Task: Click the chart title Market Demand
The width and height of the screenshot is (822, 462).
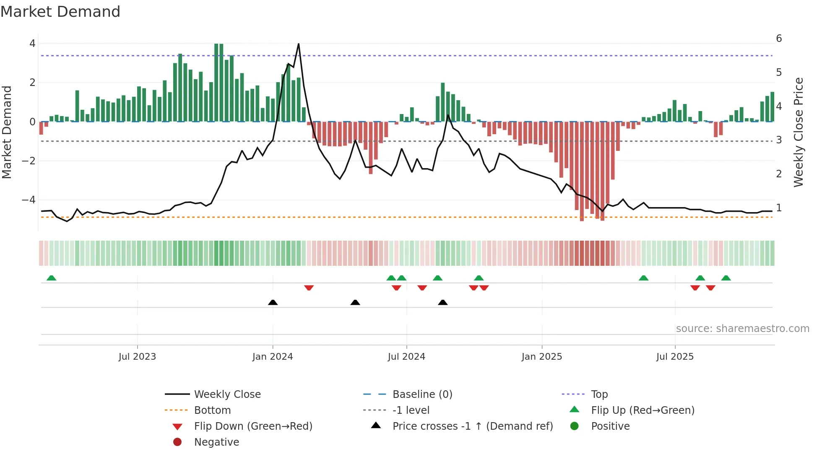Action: tap(60, 12)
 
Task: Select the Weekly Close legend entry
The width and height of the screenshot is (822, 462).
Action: tap(227, 394)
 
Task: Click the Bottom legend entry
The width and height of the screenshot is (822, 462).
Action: tap(212, 410)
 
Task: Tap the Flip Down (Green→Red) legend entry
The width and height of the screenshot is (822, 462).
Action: tap(253, 426)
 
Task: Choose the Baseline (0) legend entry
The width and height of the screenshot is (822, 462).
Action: tap(422, 394)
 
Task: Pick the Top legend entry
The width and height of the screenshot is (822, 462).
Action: tap(599, 394)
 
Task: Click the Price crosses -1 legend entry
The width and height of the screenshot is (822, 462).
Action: tap(472, 426)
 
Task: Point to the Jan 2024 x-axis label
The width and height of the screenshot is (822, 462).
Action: tap(273, 357)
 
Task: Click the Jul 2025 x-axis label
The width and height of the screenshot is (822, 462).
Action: tap(675, 357)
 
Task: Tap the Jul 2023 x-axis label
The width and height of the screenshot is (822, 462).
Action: tap(137, 357)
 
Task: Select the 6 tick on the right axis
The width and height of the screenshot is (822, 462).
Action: tap(779, 39)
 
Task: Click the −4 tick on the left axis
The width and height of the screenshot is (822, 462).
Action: tap(29, 200)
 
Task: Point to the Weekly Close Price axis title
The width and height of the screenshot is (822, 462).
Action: tap(799, 132)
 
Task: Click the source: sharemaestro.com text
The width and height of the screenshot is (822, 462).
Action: tap(742, 328)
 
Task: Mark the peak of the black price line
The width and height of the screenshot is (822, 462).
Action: tap(299, 44)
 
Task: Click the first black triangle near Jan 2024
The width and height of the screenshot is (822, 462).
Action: tap(273, 302)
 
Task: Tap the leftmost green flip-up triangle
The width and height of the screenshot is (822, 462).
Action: tap(51, 278)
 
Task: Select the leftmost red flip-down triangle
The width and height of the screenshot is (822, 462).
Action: tap(309, 288)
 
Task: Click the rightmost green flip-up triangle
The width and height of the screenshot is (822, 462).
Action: tap(726, 278)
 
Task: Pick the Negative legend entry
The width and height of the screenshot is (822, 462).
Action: tap(216, 442)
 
